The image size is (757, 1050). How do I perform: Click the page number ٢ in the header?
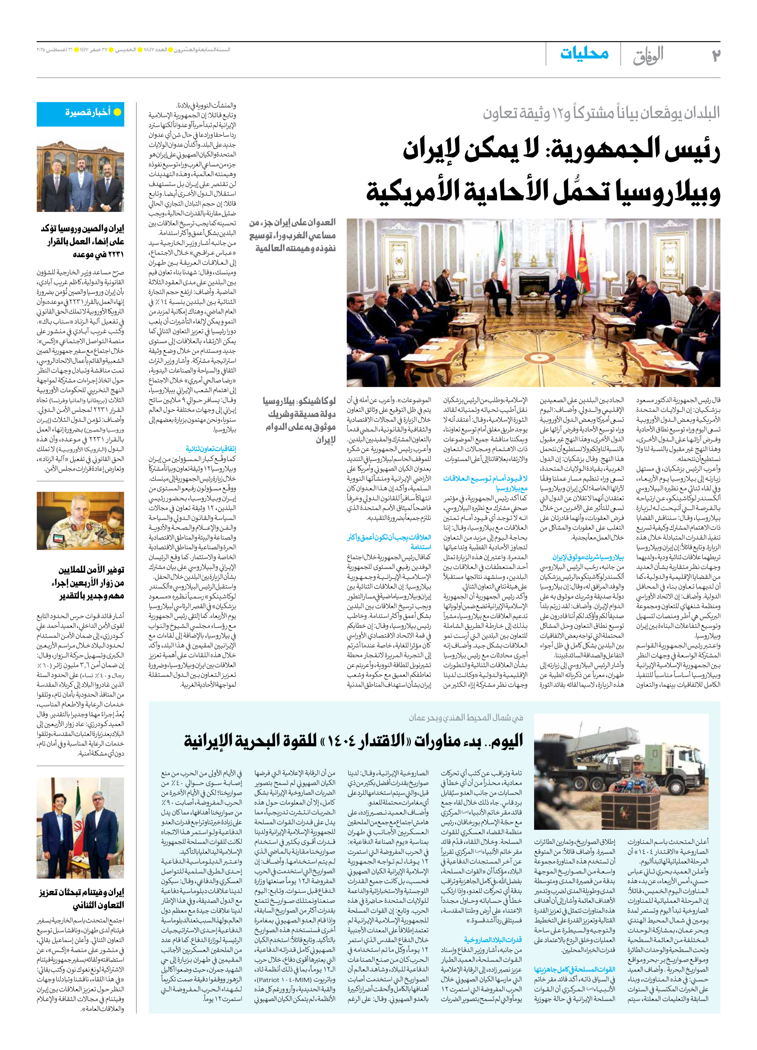(x=716, y=55)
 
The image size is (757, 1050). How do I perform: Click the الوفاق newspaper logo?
(x=649, y=55)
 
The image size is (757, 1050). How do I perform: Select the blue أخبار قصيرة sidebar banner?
(x=81, y=114)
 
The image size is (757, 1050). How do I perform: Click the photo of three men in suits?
(x=81, y=177)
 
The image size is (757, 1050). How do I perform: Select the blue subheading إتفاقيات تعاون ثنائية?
(x=211, y=449)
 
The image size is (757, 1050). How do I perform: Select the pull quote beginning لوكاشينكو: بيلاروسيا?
(x=299, y=420)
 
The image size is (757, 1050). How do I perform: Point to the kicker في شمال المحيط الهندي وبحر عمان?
(x=465, y=718)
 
